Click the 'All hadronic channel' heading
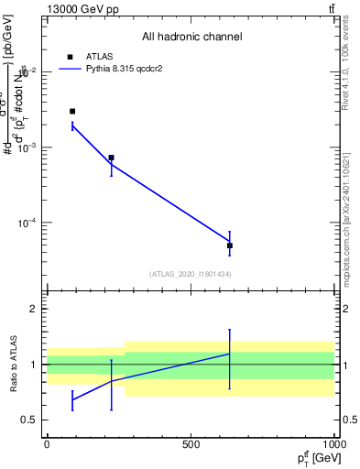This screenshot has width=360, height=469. (x=191, y=37)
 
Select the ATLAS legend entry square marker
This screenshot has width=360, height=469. (x=70, y=56)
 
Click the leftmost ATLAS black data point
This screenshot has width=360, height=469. (x=72, y=111)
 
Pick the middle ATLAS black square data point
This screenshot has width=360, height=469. (x=111, y=158)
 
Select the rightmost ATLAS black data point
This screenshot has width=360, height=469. (x=230, y=245)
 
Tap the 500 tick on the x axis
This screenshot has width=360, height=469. (x=191, y=443)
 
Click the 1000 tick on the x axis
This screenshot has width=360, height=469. (x=334, y=443)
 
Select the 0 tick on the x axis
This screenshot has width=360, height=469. (x=47, y=443)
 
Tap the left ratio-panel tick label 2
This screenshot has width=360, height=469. (x=36, y=309)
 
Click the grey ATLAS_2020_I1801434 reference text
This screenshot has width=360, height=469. (x=191, y=274)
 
